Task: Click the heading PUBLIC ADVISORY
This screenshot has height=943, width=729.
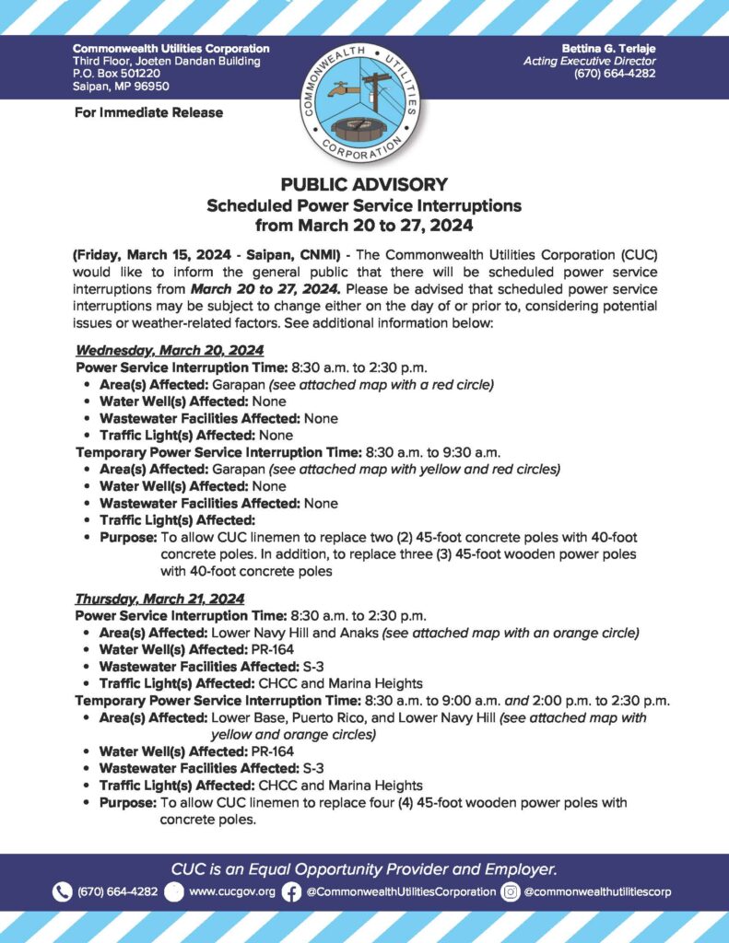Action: [x=364, y=183]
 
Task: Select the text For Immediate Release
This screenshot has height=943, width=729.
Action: [x=147, y=112]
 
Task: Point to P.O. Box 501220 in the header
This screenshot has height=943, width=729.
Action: [x=104, y=74]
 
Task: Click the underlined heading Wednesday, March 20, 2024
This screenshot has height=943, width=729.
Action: [x=170, y=351]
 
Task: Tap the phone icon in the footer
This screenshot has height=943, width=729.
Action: [x=62, y=891]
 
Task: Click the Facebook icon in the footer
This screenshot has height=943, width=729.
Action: [x=291, y=891]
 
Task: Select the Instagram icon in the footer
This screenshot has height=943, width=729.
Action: [x=511, y=891]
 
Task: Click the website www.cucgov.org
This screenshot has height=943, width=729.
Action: [x=231, y=891]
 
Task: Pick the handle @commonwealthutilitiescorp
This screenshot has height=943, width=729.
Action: [x=597, y=891]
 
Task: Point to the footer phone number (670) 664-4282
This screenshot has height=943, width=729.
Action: [x=117, y=891]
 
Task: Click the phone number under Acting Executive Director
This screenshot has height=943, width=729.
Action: [x=615, y=74]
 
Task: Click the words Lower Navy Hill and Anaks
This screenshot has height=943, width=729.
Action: [x=295, y=633]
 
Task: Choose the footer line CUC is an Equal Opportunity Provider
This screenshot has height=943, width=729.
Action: [x=364, y=868]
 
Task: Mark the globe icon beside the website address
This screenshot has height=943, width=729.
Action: [x=173, y=891]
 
